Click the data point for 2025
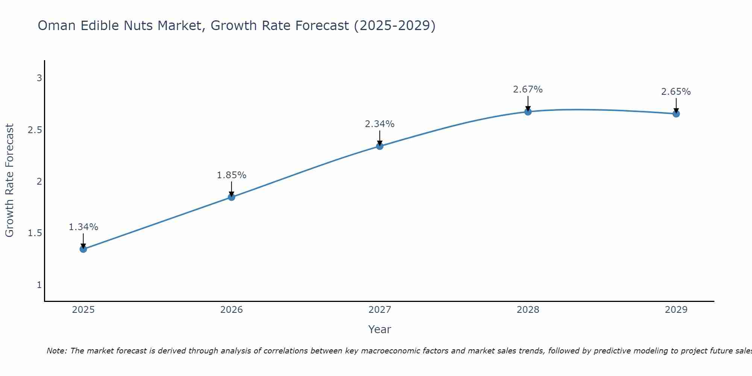(83, 249)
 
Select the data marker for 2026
(232, 197)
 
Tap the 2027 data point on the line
(380, 146)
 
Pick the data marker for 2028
(528, 112)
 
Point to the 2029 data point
(676, 114)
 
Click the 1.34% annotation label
(83, 227)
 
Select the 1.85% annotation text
(232, 175)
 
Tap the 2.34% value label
(380, 124)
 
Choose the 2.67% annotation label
(528, 89)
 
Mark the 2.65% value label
(676, 92)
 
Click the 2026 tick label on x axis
(232, 310)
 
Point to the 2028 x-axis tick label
(528, 310)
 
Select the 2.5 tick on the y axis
(35, 130)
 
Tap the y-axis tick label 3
(39, 78)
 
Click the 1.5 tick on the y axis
(35, 233)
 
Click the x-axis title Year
(380, 329)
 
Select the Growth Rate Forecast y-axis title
(9, 180)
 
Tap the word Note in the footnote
(56, 351)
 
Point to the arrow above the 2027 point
(380, 138)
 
